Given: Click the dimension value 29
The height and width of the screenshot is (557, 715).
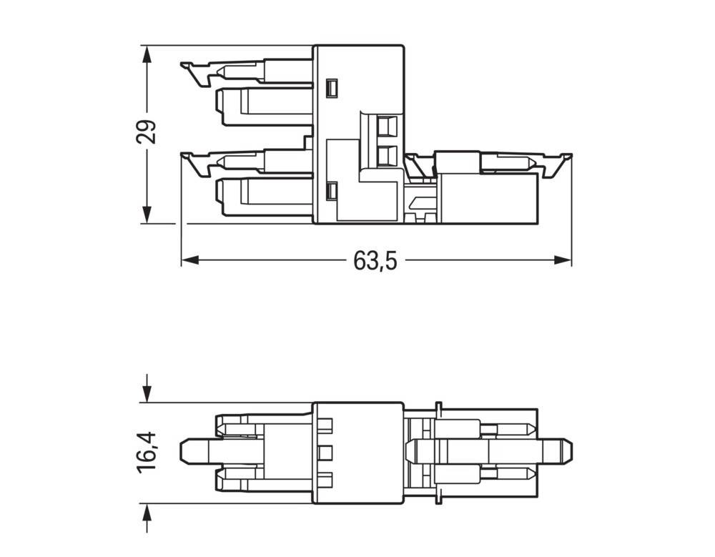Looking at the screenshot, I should [147, 133].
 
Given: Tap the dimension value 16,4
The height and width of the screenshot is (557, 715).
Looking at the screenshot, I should [147, 451].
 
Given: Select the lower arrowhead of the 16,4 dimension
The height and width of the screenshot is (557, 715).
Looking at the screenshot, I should [147, 510].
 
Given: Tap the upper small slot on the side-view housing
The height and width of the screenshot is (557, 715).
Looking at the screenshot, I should [330, 88].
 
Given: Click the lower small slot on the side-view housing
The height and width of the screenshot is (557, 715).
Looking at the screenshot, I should [330, 192].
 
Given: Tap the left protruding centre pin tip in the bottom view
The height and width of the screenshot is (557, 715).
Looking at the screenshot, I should [183, 451].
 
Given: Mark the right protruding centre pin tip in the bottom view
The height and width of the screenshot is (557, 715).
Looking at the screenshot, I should [570, 451].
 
